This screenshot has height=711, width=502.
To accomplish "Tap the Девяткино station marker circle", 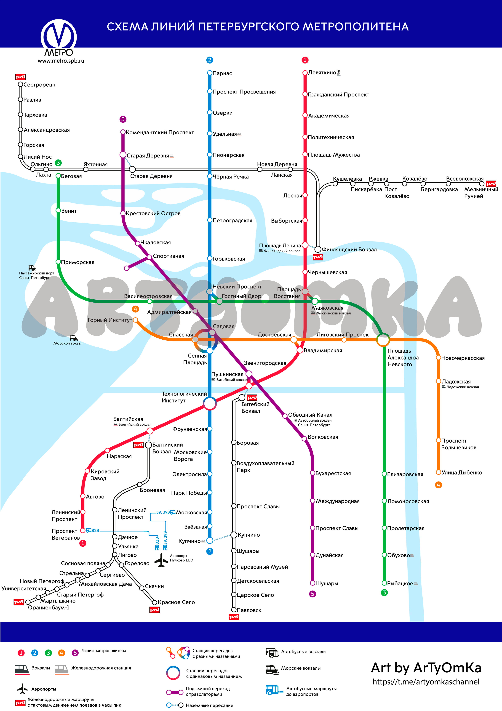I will (x=305, y=73).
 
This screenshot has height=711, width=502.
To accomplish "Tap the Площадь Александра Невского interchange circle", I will (x=383, y=340).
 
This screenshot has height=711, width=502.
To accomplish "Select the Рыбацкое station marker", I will (x=384, y=583).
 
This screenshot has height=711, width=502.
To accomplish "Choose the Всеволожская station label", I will (x=465, y=179).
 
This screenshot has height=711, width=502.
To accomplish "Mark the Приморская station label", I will (x=77, y=262).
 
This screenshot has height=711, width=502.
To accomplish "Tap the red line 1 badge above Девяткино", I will (x=305, y=60).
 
